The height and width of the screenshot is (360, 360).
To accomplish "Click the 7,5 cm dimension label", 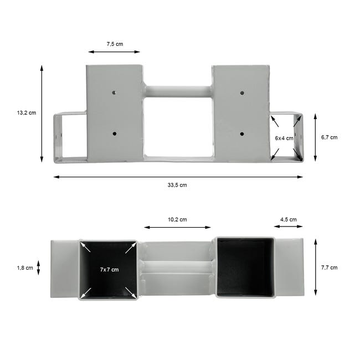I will pos(115,43).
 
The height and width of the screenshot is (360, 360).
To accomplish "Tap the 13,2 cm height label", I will pos(26,112).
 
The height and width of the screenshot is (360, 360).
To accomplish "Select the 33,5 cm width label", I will pos(178,185).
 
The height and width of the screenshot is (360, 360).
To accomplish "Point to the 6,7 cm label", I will pos(329,137).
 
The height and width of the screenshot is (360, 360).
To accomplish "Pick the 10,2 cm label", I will pos(177,219).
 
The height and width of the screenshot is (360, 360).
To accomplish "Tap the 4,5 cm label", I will pos(288,219).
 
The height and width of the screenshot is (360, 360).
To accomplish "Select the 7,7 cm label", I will pos(329,268).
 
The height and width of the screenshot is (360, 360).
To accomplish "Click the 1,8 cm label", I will pos(25,268).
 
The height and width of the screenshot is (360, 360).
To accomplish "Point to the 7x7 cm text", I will pos(109,270).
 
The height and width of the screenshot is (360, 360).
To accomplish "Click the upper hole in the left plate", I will pos(114,92).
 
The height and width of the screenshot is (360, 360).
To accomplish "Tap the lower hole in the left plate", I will pos(114,133).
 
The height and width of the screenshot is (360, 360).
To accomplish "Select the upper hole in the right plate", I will pos(242,92).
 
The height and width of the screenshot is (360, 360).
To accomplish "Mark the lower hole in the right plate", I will pos(242,133).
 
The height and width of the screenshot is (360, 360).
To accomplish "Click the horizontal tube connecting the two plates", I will pos(178,91).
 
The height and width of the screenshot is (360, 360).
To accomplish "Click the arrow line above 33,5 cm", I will pos(178,177).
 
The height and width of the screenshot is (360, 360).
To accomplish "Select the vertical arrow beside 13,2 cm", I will pos(42,114).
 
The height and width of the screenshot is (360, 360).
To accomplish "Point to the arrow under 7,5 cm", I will pos(114,52).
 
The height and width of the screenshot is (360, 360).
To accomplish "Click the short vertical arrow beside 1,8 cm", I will pos(39,268).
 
